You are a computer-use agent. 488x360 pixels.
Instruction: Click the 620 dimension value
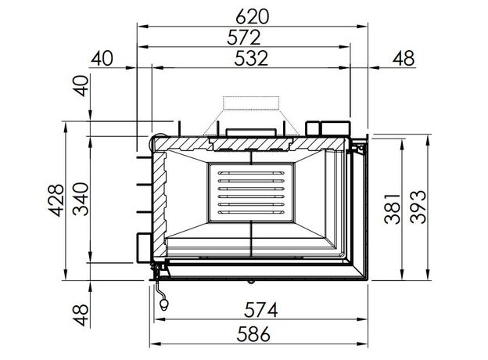[252, 16]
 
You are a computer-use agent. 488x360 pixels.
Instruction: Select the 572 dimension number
[244, 38]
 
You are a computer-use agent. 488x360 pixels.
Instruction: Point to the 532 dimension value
[251, 58]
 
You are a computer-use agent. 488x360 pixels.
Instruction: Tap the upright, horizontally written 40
[102, 58]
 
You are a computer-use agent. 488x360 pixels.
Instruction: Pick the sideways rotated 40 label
[81, 86]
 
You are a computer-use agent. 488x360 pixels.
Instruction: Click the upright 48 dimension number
[404, 58]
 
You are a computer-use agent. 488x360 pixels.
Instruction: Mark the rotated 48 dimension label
[81, 315]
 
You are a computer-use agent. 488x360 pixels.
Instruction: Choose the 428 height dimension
[56, 200]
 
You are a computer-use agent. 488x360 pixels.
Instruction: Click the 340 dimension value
[81, 200]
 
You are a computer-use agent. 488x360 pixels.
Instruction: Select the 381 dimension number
[392, 209]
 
